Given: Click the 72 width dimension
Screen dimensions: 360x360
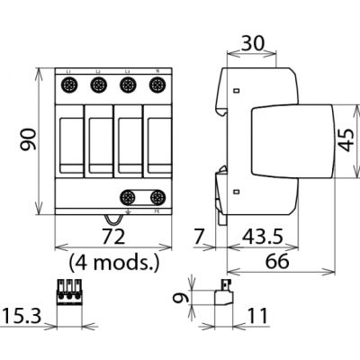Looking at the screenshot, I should (114, 238).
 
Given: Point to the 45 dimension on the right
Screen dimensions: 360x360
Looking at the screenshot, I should (345, 139).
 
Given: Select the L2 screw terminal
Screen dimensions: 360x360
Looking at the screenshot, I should (100, 86).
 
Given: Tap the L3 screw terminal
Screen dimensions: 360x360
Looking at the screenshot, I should (129, 86).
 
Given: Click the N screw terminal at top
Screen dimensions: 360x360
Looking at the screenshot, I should (157, 86).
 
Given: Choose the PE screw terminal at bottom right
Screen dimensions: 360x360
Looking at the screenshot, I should (157, 197).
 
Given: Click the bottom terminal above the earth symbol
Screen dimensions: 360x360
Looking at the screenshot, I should (129, 197).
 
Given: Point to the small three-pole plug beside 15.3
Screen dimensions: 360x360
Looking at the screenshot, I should (69, 292).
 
